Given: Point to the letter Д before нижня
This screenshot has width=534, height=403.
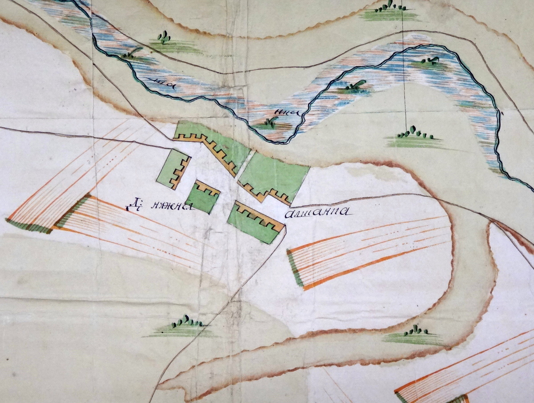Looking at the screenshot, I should point(132,206).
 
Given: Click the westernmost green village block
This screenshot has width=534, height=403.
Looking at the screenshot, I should point(173,168).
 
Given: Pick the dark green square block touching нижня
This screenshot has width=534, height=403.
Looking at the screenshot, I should point(202,197).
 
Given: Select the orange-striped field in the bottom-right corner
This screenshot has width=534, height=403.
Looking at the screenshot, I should point(467,369).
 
